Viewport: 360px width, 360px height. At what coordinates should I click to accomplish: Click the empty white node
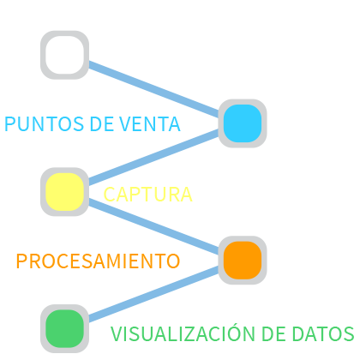[64, 55]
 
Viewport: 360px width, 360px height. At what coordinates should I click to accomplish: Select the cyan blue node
[243, 123]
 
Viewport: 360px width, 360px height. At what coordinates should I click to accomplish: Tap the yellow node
[64, 192]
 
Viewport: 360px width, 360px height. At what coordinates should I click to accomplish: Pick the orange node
[243, 260]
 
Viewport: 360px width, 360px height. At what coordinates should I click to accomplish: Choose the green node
[64, 328]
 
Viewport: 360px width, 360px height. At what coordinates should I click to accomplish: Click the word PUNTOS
[45, 124]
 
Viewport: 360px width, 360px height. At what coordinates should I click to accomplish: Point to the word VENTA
[150, 124]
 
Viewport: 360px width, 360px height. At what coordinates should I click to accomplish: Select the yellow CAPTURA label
[147, 195]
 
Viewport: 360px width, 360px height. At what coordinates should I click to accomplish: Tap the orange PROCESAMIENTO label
[98, 261]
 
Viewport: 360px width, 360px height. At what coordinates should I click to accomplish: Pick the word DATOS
[323, 333]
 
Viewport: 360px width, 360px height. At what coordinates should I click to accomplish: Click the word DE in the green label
[273, 333]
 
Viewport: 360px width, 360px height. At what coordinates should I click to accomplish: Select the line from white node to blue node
[153, 89]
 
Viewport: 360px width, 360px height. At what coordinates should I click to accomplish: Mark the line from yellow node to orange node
[153, 226]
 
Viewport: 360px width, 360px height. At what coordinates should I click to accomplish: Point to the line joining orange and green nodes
[153, 294]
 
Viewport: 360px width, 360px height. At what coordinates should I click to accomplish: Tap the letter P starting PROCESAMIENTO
[21, 261]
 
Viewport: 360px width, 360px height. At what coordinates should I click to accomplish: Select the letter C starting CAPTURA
[110, 195]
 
